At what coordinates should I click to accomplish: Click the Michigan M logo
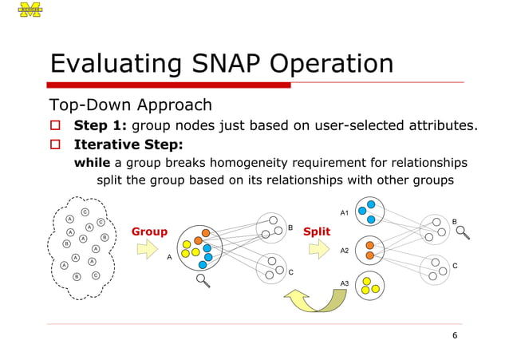(x=30, y=10)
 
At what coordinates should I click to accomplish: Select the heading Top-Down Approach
(x=131, y=105)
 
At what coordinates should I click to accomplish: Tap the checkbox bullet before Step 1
(x=56, y=125)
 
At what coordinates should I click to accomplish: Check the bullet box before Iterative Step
(x=56, y=144)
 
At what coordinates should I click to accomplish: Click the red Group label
(x=149, y=232)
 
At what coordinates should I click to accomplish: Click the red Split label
(x=317, y=232)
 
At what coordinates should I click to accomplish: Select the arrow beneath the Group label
(x=148, y=251)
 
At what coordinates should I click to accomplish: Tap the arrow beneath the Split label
(x=318, y=251)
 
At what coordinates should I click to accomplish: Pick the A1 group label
(x=344, y=213)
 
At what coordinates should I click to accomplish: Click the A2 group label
(x=344, y=251)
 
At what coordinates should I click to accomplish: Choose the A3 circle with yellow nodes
(x=369, y=285)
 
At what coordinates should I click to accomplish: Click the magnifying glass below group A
(x=204, y=279)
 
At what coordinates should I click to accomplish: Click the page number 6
(x=455, y=335)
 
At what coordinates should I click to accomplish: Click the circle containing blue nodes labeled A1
(x=369, y=212)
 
